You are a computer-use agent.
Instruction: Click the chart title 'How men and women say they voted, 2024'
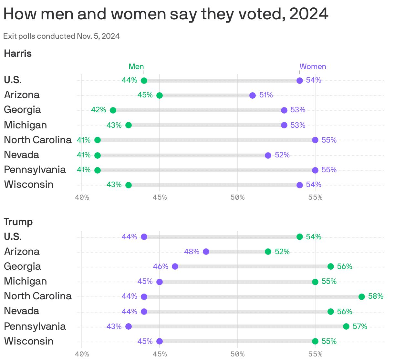[166, 14]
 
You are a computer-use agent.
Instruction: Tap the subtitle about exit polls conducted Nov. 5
[61, 36]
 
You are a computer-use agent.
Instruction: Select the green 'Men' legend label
[136, 66]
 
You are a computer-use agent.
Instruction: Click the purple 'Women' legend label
[313, 66]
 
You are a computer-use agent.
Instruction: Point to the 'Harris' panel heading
[18, 54]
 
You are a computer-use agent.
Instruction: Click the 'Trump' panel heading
[18, 222]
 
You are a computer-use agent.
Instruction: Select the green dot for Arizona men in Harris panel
[160, 95]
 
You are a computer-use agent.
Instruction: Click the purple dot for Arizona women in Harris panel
[253, 95]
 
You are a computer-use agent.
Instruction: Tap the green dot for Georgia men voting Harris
[113, 110]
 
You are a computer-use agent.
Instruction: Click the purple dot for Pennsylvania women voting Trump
[129, 326]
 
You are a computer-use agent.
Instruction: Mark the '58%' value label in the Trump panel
[376, 296]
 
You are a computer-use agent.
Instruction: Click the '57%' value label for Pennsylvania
[360, 326]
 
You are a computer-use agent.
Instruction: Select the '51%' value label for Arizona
[266, 95]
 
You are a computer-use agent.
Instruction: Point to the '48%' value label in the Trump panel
[192, 252]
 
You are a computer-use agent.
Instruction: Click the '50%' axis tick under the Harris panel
[237, 197]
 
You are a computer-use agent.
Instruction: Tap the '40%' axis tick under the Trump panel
[82, 354]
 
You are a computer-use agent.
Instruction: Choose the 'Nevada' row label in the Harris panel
[22, 155]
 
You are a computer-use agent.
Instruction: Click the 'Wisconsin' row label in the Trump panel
[29, 341]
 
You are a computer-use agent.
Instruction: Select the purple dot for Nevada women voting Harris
[268, 155]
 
